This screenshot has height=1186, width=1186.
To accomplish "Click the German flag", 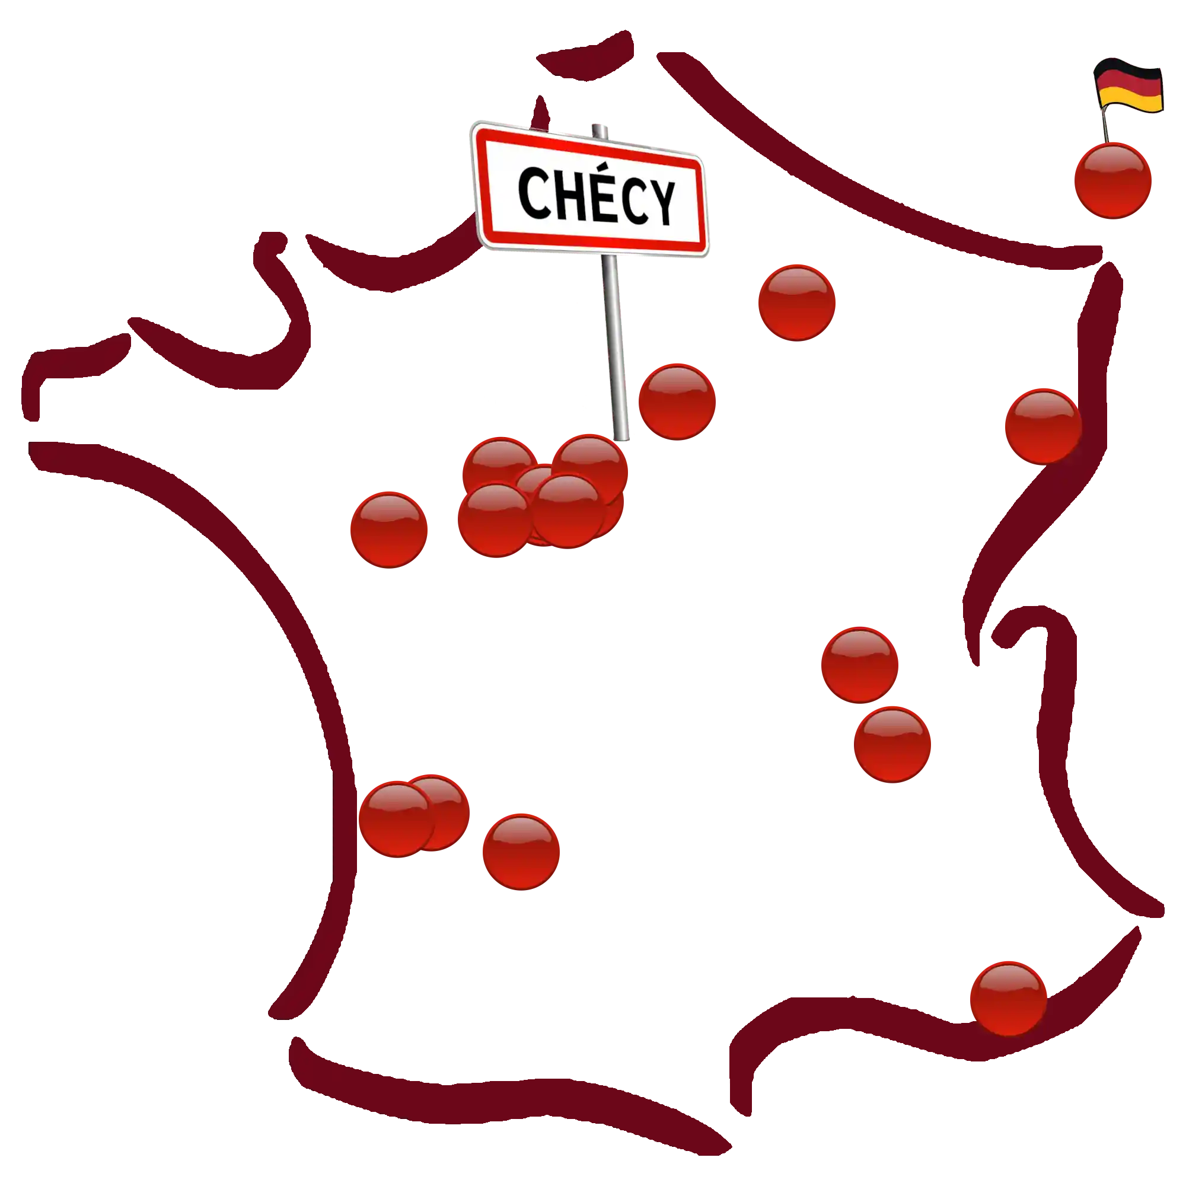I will click(x=1128, y=86).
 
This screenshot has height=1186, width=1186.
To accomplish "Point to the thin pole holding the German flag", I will click(x=1105, y=126).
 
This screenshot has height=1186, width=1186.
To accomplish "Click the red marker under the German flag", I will click(x=1112, y=179).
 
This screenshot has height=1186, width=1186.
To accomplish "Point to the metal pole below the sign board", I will click(x=614, y=344).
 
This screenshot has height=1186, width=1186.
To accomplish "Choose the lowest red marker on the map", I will click(x=1008, y=997).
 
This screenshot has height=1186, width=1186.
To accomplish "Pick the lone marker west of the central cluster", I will click(x=388, y=528).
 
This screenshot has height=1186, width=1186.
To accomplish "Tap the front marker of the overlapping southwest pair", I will click(x=396, y=819).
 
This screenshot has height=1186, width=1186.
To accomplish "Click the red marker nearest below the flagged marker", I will click(x=1042, y=425).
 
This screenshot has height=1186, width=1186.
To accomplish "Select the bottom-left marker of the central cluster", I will click(x=495, y=519).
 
